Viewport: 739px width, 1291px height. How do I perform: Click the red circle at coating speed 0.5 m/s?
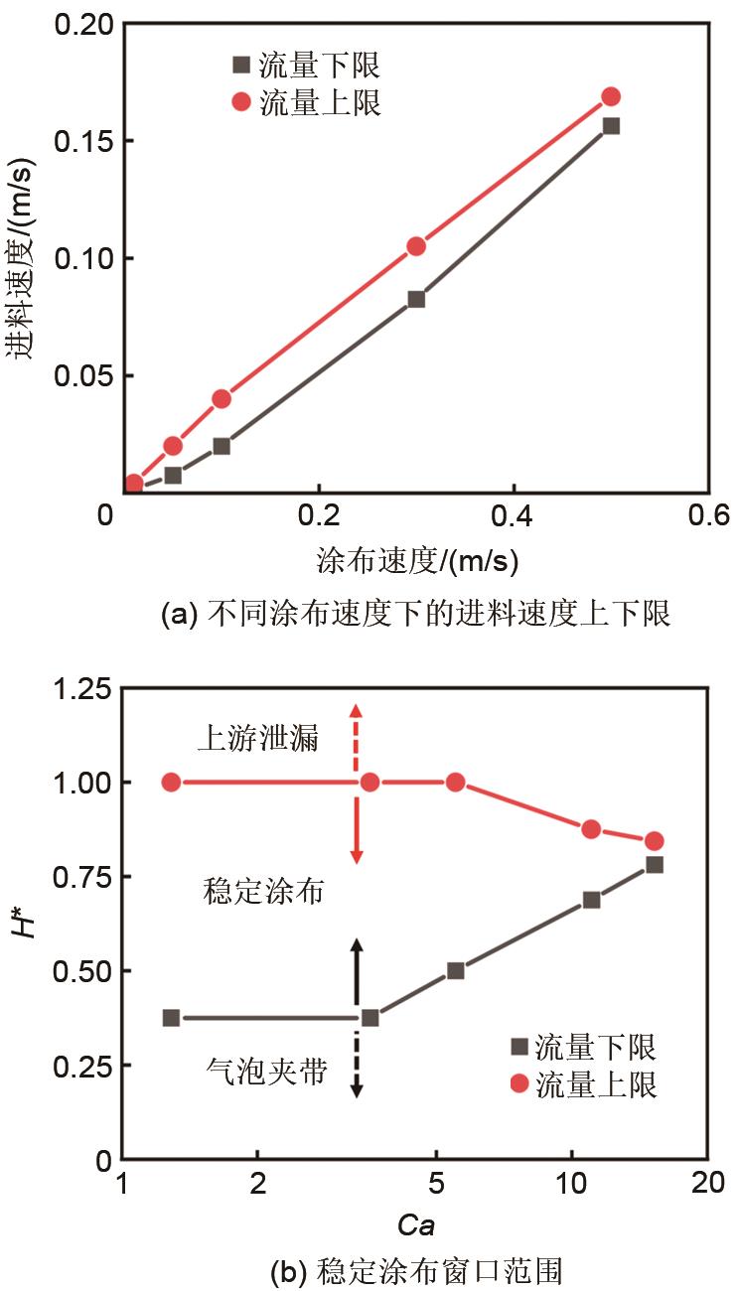coord(611,96)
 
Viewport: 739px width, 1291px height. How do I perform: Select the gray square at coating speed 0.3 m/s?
coord(416,299)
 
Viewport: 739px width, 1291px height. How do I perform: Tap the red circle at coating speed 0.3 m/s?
coord(416,246)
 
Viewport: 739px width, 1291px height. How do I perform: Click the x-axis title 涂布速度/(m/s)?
coord(417,562)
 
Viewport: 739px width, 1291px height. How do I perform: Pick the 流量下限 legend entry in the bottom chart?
coord(583,1047)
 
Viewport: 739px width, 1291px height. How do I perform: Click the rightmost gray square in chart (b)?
coord(655,864)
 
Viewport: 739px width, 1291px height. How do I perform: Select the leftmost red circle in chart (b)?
coord(171,782)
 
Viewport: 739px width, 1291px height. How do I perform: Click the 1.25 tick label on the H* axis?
coord(74,689)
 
